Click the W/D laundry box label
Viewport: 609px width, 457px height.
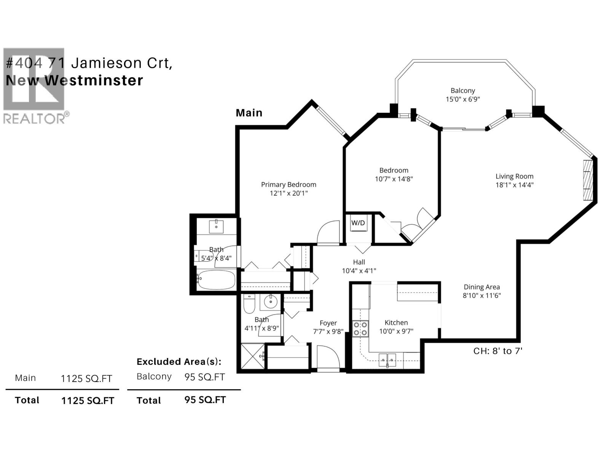[x=358, y=223]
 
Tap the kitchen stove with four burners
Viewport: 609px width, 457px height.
[x=360, y=329]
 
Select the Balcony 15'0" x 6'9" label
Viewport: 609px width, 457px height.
[x=462, y=95]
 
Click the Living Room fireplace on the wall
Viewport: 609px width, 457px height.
[x=588, y=180]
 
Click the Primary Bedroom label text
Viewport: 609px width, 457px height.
[x=289, y=185]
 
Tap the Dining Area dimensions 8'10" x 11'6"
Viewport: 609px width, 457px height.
[x=481, y=296]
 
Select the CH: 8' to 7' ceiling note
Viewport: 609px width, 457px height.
[x=497, y=351]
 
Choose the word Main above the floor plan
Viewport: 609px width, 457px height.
[x=249, y=113]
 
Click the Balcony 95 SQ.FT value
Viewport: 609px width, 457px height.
[x=205, y=377]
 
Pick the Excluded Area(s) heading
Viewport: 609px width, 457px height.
[x=179, y=361]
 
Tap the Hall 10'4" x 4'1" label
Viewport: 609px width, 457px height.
[x=359, y=267]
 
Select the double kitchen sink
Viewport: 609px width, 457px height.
[x=387, y=360]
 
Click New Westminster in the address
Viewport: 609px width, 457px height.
[x=75, y=80]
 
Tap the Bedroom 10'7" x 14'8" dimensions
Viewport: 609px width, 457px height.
[x=394, y=179]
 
